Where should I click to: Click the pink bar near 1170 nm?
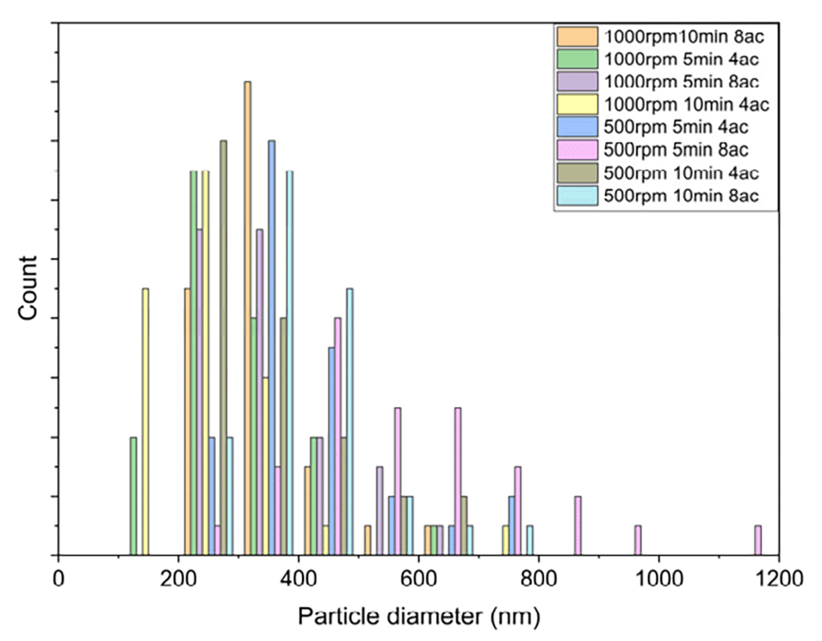click(757, 540)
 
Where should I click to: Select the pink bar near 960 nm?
click(638, 540)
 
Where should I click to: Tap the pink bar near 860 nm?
click(578, 526)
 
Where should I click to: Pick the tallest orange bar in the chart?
click(248, 318)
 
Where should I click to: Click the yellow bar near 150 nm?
click(145, 422)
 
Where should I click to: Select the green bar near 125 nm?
click(133, 496)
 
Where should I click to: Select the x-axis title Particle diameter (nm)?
click(419, 616)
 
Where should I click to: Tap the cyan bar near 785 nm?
click(530, 540)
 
